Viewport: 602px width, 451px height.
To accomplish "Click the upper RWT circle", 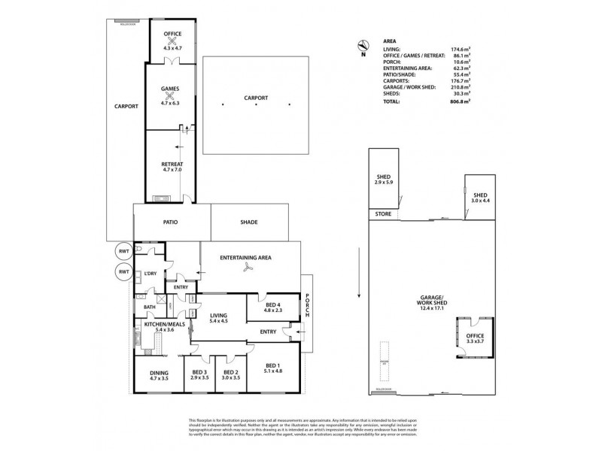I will click(123, 251).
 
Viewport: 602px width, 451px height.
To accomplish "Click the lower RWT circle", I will click(123, 271).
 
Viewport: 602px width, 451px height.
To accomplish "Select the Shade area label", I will click(249, 222).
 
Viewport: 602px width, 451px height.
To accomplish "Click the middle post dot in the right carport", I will click(256, 104).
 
